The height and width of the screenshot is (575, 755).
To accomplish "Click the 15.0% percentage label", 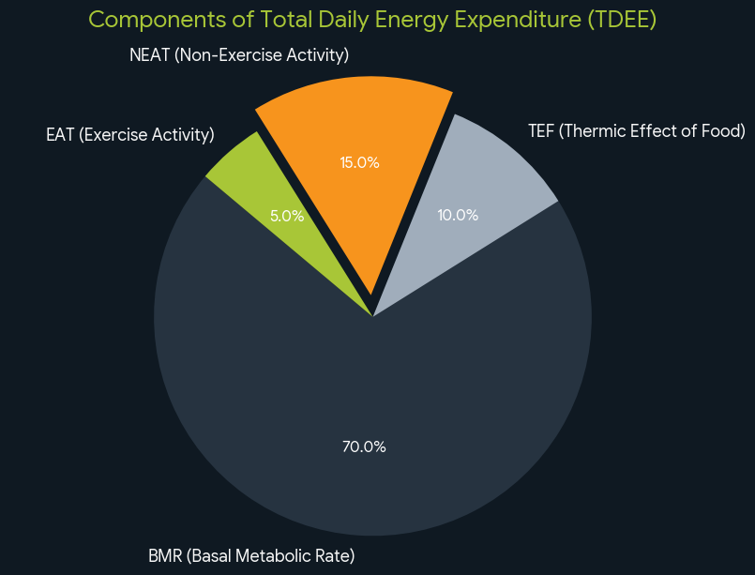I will [359, 162].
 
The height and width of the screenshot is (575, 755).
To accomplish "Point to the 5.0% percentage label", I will [287, 215].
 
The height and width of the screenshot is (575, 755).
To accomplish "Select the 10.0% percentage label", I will [458, 215].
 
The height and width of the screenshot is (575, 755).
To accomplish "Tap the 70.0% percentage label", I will [364, 446].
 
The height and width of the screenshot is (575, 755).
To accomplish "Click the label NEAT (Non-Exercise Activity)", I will [239, 55].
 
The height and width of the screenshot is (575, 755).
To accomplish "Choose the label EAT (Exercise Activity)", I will [130, 135].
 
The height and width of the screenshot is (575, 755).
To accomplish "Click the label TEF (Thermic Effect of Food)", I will [637, 130].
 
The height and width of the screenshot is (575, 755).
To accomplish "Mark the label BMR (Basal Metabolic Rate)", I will [251, 555].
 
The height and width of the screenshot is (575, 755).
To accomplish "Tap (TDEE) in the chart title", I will [623, 20].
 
